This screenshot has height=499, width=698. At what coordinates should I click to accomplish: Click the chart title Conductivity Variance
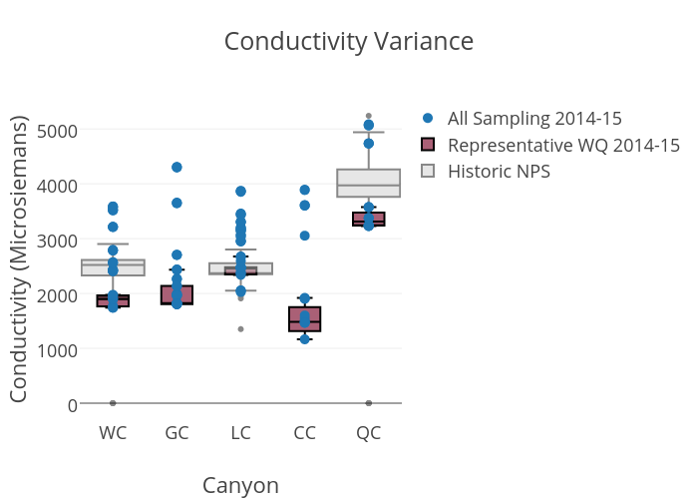click(x=348, y=42)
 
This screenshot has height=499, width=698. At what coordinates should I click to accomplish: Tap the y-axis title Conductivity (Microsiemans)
click(x=19, y=259)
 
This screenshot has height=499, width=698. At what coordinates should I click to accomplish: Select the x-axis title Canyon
click(x=240, y=485)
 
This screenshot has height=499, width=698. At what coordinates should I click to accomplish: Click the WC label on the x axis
click(x=113, y=433)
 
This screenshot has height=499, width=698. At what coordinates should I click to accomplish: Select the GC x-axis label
click(x=176, y=433)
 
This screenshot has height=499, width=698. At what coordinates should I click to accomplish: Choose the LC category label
click(x=240, y=433)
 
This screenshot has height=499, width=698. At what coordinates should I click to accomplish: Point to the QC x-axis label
click(x=368, y=433)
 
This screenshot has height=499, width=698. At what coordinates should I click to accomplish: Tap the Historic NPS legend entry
click(x=499, y=172)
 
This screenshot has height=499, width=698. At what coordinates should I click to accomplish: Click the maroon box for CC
click(x=304, y=318)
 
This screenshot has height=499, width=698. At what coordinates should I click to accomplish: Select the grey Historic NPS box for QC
click(x=368, y=184)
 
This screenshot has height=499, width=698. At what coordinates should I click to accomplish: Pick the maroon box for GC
click(x=176, y=294)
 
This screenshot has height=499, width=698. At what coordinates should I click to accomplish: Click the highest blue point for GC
click(x=176, y=167)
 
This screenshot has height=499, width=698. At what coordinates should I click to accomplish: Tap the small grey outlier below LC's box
click(x=240, y=329)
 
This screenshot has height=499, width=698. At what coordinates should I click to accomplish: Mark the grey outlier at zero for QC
click(x=368, y=403)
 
